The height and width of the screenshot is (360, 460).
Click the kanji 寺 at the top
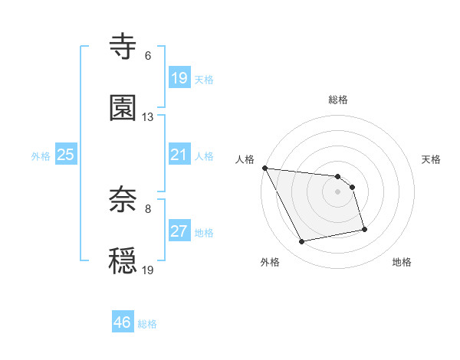click(x=123, y=47)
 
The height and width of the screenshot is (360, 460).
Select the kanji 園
click(x=123, y=109)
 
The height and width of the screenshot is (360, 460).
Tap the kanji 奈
click(x=123, y=200)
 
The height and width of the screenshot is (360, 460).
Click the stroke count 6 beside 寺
click(x=148, y=56)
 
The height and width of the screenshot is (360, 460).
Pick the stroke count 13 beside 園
click(x=148, y=117)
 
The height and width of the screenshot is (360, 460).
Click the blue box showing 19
click(x=179, y=77)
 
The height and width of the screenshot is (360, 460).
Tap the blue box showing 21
click(x=179, y=155)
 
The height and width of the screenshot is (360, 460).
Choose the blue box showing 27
click(x=179, y=231)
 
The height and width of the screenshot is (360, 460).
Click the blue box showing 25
click(x=66, y=155)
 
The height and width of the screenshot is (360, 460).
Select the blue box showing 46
click(x=123, y=322)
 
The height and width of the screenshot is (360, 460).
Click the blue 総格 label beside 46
click(x=147, y=324)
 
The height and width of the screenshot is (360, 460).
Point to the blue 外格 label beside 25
click(x=41, y=155)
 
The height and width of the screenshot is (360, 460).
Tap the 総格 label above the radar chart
click(x=338, y=100)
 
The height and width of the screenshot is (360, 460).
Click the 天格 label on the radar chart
click(x=432, y=159)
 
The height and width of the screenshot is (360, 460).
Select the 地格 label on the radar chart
click(x=402, y=262)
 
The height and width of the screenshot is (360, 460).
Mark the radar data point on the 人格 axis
click(x=264, y=168)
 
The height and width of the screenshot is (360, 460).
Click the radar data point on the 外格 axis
click(x=302, y=242)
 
